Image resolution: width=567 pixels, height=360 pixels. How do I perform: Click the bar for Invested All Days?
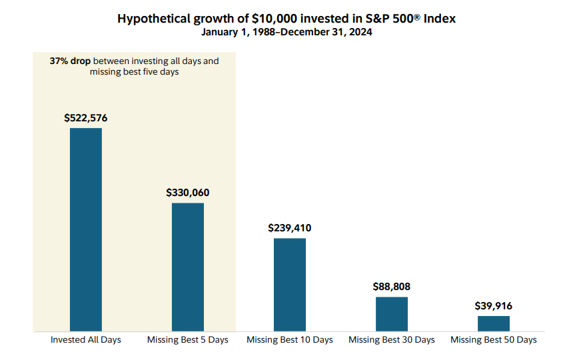86,229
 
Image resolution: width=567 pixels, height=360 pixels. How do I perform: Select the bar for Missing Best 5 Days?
188,267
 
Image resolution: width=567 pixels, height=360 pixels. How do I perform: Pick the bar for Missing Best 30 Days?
392,314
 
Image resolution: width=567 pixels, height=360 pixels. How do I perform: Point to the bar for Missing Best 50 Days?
494,323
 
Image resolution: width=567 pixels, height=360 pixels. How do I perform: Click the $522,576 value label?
86,118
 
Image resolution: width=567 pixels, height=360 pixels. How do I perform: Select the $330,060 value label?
188,193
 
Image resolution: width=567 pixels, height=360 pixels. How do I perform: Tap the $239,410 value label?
290,228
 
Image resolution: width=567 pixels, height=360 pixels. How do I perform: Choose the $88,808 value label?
392,287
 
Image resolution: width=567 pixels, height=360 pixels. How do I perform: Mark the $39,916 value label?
494,306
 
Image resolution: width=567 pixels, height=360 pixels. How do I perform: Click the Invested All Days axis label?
86,340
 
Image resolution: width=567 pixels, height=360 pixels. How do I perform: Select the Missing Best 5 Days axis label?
188,340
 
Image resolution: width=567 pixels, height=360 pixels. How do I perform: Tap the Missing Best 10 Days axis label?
290,340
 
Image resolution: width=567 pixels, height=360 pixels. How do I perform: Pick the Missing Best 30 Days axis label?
392,340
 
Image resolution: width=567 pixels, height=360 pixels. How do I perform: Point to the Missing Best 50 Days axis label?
494,340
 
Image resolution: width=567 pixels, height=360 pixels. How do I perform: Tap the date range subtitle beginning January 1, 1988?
286,32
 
